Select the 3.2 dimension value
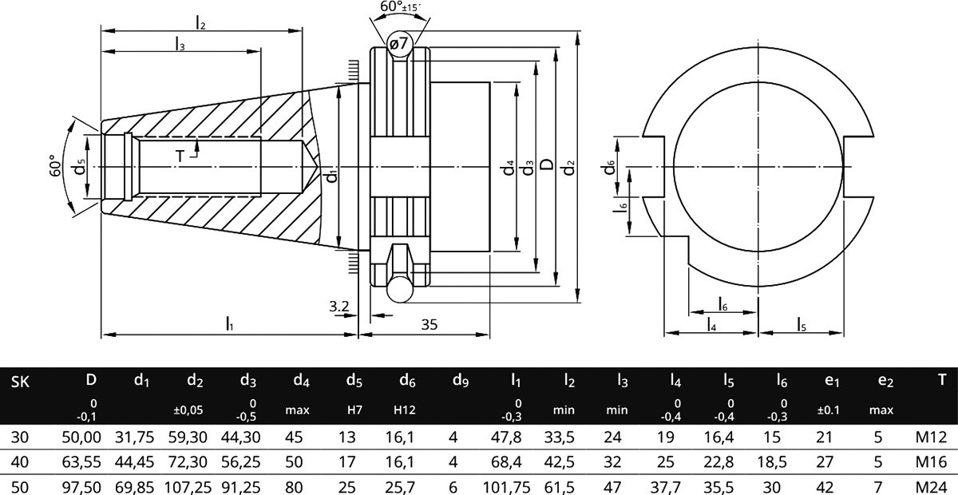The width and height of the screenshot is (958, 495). [338, 306]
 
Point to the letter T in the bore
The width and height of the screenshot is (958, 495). [180, 156]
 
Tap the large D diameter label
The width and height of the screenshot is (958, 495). [547, 164]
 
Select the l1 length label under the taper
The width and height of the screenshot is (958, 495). [230, 324]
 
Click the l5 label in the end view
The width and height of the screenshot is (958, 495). [802, 323]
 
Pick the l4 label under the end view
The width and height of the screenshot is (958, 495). [711, 324]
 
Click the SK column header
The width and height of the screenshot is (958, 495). [21, 382]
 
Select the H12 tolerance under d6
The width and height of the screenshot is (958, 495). [404, 410]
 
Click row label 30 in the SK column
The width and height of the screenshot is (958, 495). [18, 437]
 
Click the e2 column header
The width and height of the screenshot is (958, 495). [885, 382]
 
